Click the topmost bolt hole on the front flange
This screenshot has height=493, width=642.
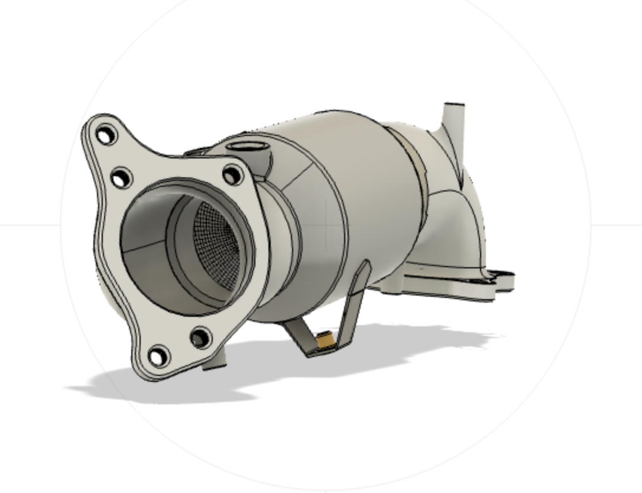coord(105,136)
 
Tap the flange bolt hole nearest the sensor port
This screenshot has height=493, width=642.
coord(232,175)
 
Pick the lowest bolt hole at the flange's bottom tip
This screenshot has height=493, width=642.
coord(158,356)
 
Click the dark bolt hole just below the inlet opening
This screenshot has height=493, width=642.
coord(200,338)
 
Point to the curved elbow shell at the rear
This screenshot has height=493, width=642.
coord(455,231)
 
